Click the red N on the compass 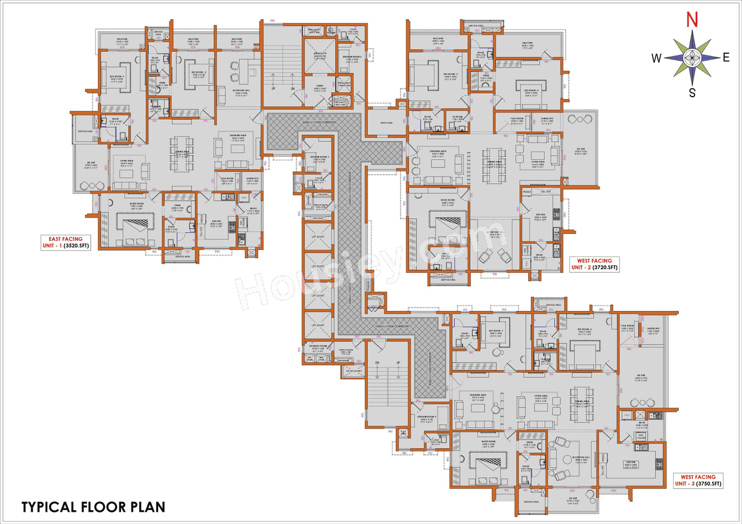click(x=692, y=20)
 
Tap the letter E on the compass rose click(x=725, y=57)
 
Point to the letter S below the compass click(x=692, y=93)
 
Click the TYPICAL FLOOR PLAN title click(x=93, y=507)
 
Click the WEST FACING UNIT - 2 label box click(x=595, y=265)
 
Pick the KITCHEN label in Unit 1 click(x=216, y=224)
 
